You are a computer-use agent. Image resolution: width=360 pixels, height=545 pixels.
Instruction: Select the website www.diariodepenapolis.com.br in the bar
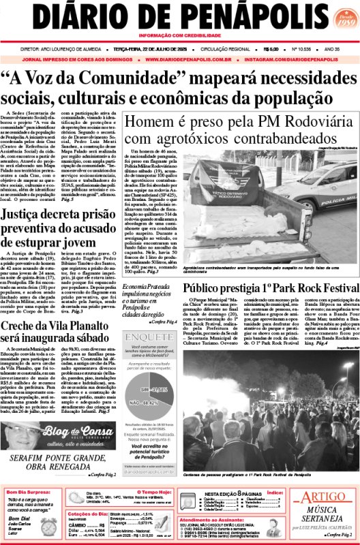tap(192, 59)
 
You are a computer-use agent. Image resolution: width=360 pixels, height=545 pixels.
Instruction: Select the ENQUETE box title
tap(144, 336)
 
